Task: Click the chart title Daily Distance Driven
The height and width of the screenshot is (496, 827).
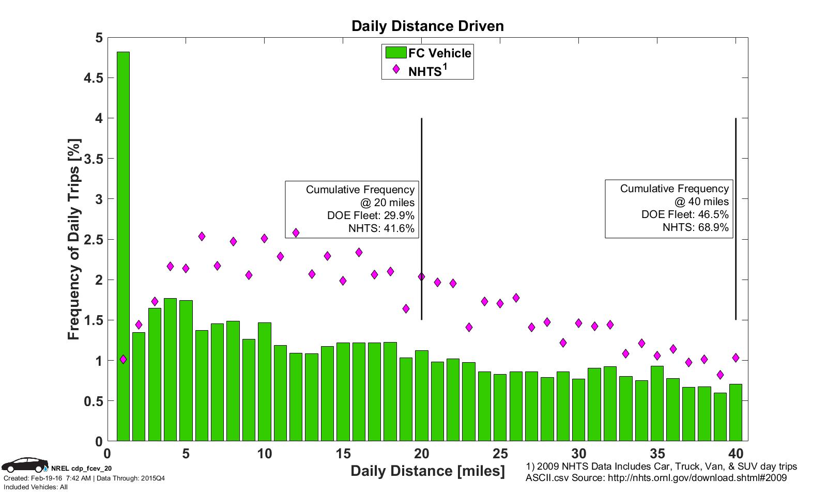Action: point(427,26)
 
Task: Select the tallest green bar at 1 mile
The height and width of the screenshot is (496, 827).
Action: point(123,246)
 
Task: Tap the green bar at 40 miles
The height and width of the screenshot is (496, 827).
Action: point(736,412)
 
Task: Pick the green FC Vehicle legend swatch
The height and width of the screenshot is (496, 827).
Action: point(395,53)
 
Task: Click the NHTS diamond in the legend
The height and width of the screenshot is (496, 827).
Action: point(396,69)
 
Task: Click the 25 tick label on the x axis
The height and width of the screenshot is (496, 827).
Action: point(500,454)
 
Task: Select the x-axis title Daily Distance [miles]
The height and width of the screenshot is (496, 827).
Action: point(427,471)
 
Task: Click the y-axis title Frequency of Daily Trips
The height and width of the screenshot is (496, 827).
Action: point(74,240)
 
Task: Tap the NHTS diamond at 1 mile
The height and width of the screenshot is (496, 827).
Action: point(123,359)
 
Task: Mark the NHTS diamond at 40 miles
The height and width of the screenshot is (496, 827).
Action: point(736,358)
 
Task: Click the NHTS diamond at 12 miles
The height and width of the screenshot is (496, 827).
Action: point(296,233)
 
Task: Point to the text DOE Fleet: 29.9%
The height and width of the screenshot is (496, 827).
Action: point(371,215)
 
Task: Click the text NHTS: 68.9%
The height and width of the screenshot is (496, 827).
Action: point(695,227)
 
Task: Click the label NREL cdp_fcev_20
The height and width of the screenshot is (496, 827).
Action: point(82,469)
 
